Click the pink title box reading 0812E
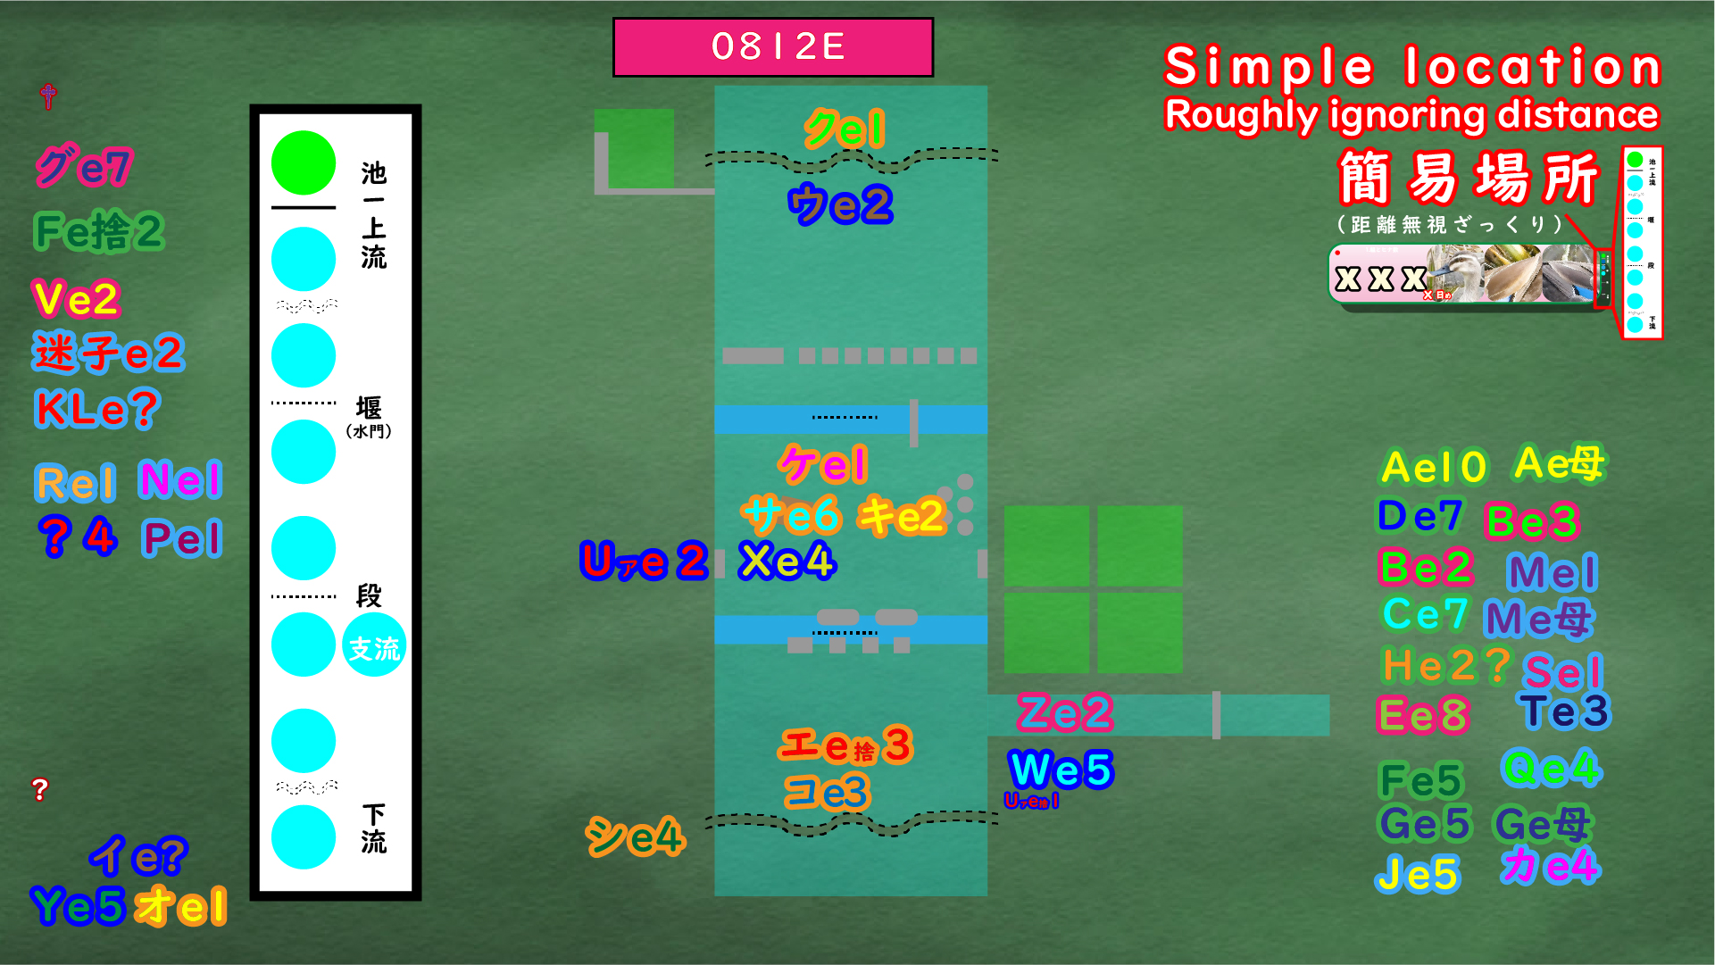click(x=773, y=47)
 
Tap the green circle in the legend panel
click(x=304, y=162)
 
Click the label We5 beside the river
click(x=1061, y=770)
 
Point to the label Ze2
click(x=1065, y=712)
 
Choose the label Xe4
click(x=787, y=562)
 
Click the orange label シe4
click(x=635, y=837)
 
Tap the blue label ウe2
click(x=840, y=204)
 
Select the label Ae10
click(x=1434, y=467)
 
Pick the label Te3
click(x=1566, y=711)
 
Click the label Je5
click(x=1418, y=874)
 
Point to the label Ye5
click(x=78, y=905)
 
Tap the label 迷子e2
click(x=108, y=353)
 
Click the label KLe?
click(x=96, y=410)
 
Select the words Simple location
click(x=1412, y=66)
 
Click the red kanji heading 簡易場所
click(x=1468, y=178)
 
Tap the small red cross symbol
click(x=48, y=96)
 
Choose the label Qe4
click(x=1552, y=768)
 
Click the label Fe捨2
click(x=99, y=231)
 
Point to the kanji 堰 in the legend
click(x=369, y=408)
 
